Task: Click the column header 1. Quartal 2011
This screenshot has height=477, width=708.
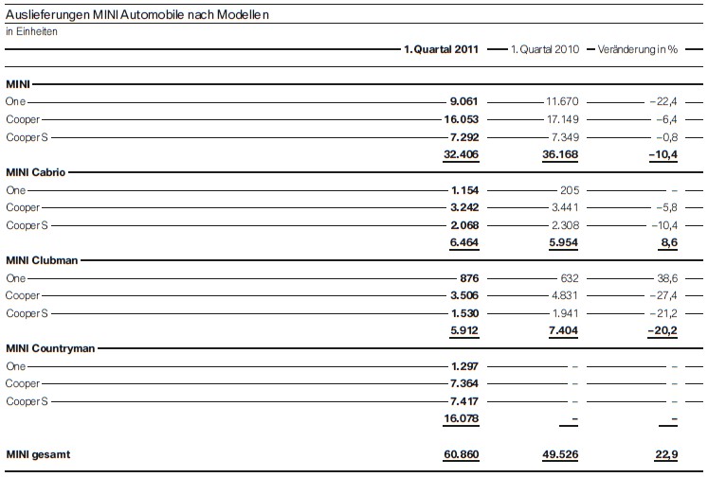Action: coord(442,48)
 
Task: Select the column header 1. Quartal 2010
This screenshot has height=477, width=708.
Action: coord(544,48)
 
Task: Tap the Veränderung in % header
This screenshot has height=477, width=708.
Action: coord(639,48)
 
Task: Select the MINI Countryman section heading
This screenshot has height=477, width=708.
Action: coord(48,348)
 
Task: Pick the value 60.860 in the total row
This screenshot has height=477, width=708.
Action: coord(461,455)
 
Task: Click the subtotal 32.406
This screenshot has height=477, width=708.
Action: coord(461,154)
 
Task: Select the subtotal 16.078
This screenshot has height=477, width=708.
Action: coord(461,419)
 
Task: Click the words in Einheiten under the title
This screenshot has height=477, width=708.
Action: coord(31,31)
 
